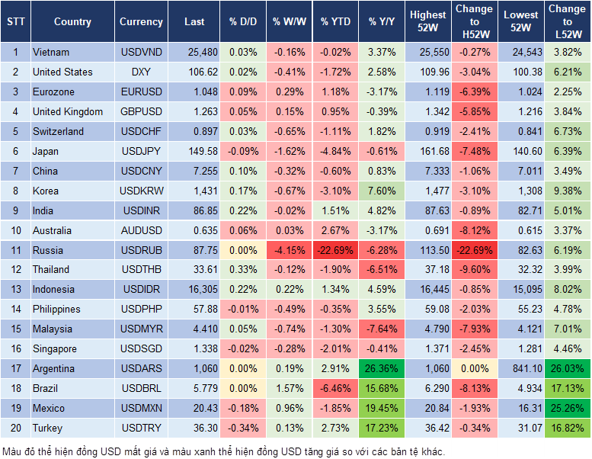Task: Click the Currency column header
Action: pyautogui.click(x=141, y=22)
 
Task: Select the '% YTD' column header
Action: pyautogui.click(x=335, y=22)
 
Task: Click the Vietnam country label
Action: pyautogui.click(x=51, y=52)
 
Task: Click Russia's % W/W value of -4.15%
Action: pyautogui.click(x=290, y=250)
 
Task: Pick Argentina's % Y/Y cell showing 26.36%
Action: pyautogui.click(x=382, y=368)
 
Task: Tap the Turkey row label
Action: pyautogui.click(x=47, y=428)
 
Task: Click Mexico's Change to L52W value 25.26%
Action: pyautogui.click(x=566, y=408)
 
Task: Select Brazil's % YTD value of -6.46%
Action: pyautogui.click(x=336, y=388)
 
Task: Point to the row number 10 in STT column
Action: pyautogui.click(x=15, y=230)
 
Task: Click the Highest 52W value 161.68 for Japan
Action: pyautogui.click(x=427, y=151)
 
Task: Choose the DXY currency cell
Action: pyautogui.click(x=141, y=72)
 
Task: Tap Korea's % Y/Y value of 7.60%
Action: pyautogui.click(x=382, y=191)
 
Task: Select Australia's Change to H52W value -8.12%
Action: pyautogui.click(x=474, y=230)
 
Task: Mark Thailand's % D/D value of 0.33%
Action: pyautogui.click(x=242, y=269)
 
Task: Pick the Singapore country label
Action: pyautogui.click(x=54, y=348)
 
